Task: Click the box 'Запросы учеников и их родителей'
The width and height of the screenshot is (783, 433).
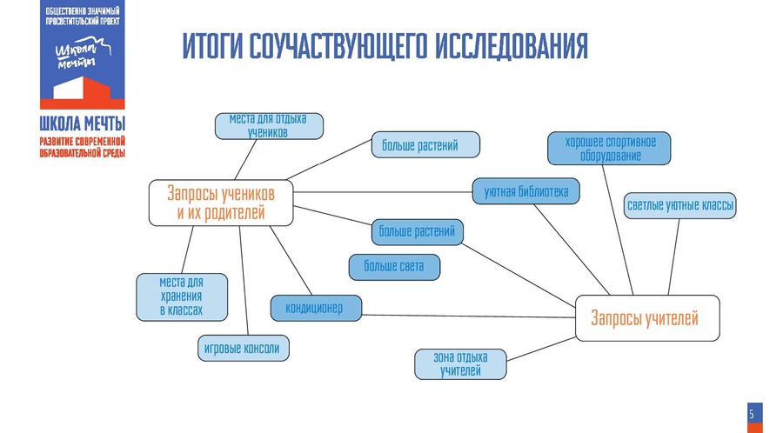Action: pyautogui.click(x=221, y=203)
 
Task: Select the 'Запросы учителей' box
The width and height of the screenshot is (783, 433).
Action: pyautogui.click(x=647, y=318)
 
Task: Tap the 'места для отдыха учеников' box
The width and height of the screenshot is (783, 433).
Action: pyautogui.click(x=269, y=126)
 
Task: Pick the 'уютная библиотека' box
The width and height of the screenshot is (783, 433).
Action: pyautogui.click(x=525, y=191)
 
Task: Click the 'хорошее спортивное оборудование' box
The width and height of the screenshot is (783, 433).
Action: pyautogui.click(x=609, y=148)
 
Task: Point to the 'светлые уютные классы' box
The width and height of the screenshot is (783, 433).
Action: pyautogui.click(x=679, y=205)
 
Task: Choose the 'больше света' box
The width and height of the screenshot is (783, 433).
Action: pyautogui.click(x=394, y=267)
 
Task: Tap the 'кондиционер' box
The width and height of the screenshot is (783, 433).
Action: pyautogui.click(x=316, y=308)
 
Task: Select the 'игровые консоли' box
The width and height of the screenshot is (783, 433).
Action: pyautogui.click(x=244, y=348)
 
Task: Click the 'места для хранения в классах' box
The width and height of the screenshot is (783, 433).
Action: pyautogui.click(x=182, y=296)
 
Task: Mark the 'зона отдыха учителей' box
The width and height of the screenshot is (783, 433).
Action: pyautogui.click(x=460, y=364)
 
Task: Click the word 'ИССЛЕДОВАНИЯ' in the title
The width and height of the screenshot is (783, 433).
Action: pyautogui.click(x=512, y=46)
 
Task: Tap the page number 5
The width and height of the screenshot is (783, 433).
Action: pyautogui.click(x=752, y=414)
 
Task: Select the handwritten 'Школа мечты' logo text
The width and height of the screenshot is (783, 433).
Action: pyautogui.click(x=83, y=52)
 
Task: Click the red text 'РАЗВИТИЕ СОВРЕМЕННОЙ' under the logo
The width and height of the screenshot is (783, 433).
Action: pyautogui.click(x=83, y=142)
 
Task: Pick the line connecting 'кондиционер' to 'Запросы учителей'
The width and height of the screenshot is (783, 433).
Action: pyautogui.click(x=468, y=316)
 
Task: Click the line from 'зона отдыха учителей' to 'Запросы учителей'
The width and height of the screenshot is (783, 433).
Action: pyautogui.click(x=541, y=350)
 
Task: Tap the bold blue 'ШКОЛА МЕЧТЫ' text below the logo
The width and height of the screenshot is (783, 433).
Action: pyautogui.click(x=83, y=123)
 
